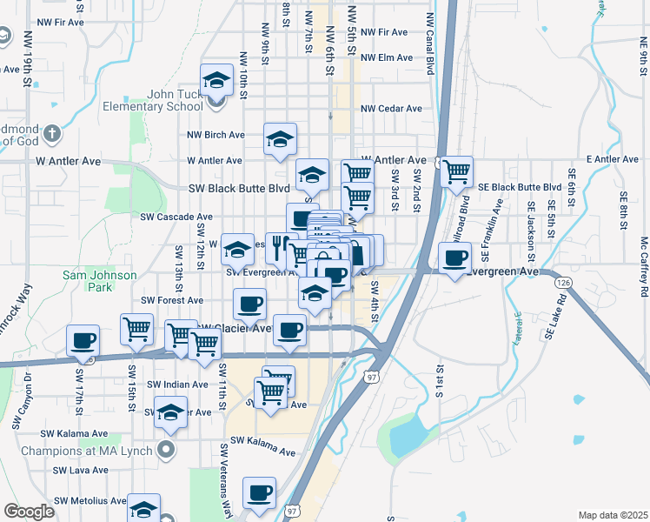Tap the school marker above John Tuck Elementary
[x=216, y=82]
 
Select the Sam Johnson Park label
[x=100, y=282]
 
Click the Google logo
[x=30, y=512]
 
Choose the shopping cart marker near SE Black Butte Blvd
[x=456, y=173]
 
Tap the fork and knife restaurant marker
[x=278, y=247]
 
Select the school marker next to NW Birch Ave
[x=280, y=140]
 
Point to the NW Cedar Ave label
[x=391, y=109]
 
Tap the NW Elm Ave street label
[x=386, y=57]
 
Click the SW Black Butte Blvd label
[x=239, y=188]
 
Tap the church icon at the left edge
[x=52, y=134]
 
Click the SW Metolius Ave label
[x=90, y=501]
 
